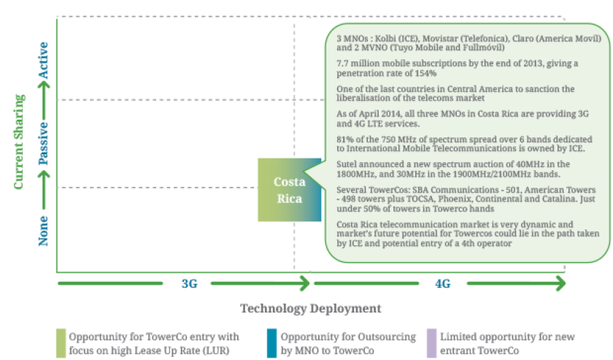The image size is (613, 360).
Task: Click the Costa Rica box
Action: pyautogui.click(x=288, y=190)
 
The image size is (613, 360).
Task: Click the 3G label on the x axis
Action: pyautogui.click(x=189, y=284)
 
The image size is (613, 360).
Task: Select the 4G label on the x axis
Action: pyautogui.click(x=442, y=284)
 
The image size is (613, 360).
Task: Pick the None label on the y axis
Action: pyautogui.click(x=44, y=229)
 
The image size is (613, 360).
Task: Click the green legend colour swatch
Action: pyautogui.click(x=60, y=342)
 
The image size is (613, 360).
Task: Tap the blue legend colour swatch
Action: pyautogui.click(x=271, y=342)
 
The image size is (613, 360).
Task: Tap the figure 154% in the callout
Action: pyautogui.click(x=423, y=73)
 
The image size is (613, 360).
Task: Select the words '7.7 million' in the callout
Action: pyautogui.click(x=358, y=63)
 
